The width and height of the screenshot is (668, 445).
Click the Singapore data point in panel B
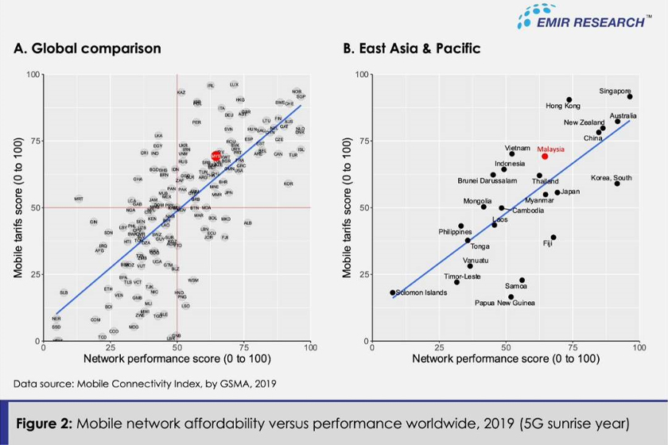point(630,96)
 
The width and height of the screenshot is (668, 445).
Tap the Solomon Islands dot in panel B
point(392,292)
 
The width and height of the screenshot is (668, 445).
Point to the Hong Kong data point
point(569,100)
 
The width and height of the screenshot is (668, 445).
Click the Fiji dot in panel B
point(553,237)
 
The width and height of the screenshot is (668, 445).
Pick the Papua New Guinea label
point(504,303)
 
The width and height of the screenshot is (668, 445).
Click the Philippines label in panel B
point(455,232)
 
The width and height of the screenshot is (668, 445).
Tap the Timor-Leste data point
point(456,282)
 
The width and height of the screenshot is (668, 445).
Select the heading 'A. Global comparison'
point(87,48)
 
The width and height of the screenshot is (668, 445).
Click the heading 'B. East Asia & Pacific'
point(411,48)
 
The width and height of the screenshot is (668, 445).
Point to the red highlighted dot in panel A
point(216,156)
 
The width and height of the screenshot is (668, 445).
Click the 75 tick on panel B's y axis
point(366,141)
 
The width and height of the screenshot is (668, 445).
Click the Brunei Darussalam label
point(457,180)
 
